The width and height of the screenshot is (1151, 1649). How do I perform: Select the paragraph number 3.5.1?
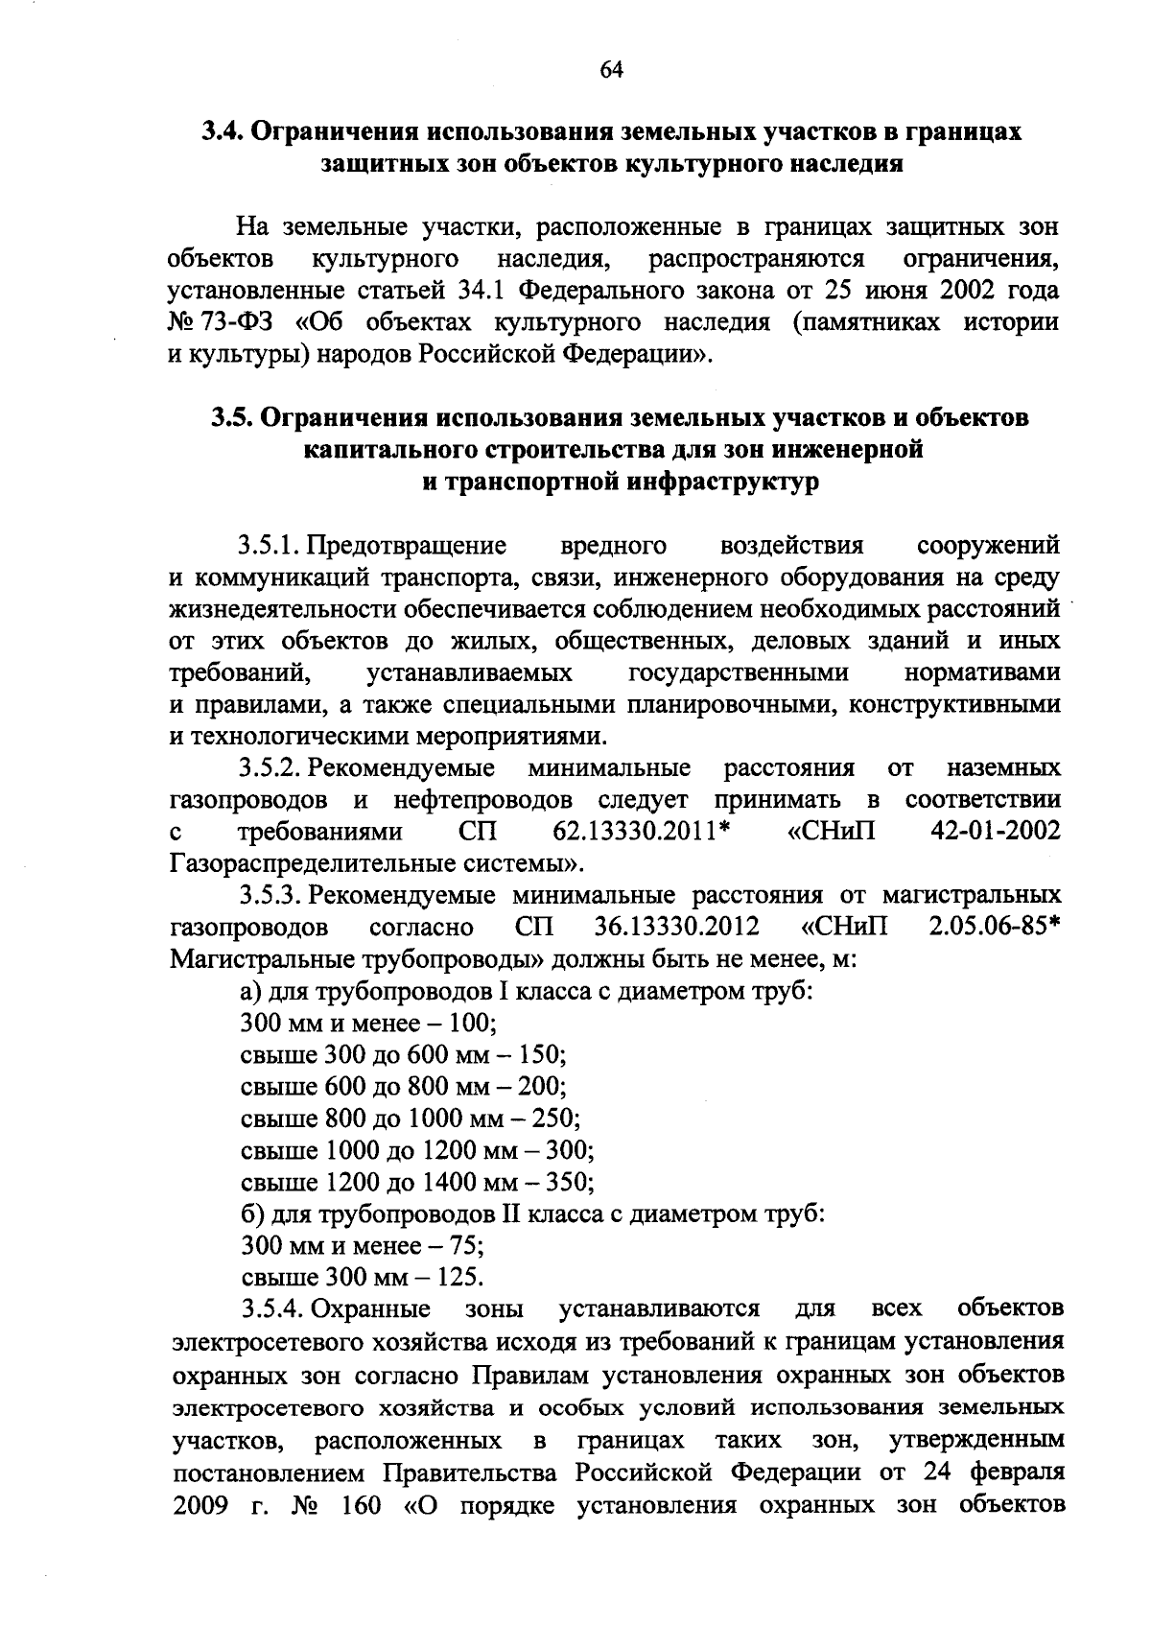271,546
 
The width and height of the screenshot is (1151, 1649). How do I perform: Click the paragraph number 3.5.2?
271,768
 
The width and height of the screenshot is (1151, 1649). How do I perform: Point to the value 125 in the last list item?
458,1278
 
